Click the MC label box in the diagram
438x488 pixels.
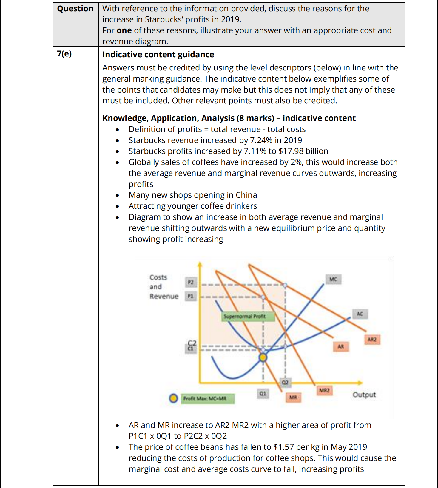(x=333, y=279)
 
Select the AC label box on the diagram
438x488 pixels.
(x=360, y=314)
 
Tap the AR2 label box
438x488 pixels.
(x=372, y=340)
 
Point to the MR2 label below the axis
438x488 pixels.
(x=324, y=390)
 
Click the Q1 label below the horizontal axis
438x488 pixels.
(x=263, y=394)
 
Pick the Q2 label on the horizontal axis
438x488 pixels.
(x=285, y=382)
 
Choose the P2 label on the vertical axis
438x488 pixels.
(x=191, y=282)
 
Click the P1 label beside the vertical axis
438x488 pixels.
(x=190, y=296)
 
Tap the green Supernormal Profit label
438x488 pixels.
(x=244, y=316)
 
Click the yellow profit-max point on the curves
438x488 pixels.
(x=263, y=357)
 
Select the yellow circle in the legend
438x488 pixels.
(x=173, y=398)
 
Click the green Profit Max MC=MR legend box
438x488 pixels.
(x=207, y=398)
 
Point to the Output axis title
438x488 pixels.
(x=364, y=395)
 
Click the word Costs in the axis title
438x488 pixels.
(x=158, y=277)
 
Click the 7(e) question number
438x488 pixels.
(x=64, y=54)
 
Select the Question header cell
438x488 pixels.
(x=75, y=9)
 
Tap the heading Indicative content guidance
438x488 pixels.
(x=158, y=55)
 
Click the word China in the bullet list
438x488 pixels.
(x=246, y=195)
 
